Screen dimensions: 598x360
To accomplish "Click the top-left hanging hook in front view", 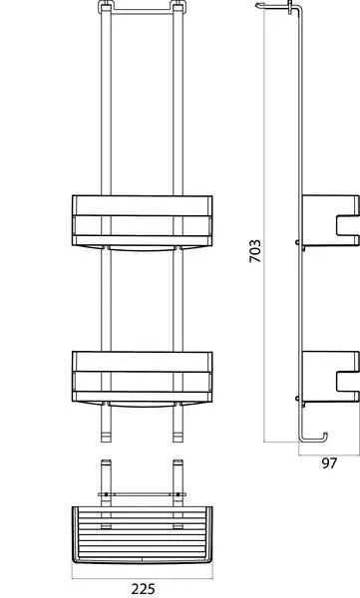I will click(105, 11).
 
